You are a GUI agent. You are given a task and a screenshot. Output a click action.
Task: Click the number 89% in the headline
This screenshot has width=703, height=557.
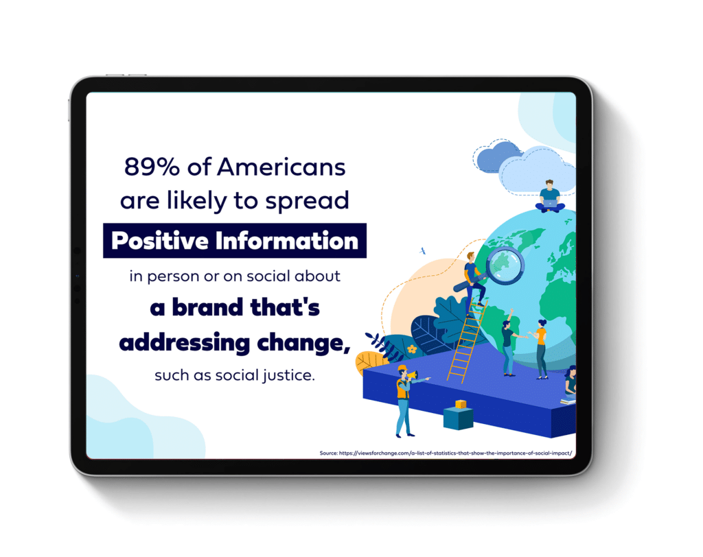pyautogui.click(x=152, y=167)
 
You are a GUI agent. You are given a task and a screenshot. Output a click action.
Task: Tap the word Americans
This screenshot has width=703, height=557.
pyautogui.click(x=281, y=167)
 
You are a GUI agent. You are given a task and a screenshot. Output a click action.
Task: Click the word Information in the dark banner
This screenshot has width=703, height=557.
pyautogui.click(x=286, y=241)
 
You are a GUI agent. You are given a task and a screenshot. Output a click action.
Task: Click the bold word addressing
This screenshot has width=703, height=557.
pyautogui.click(x=184, y=343)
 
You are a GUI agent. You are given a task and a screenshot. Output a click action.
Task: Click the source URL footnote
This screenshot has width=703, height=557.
pyautogui.click(x=446, y=453)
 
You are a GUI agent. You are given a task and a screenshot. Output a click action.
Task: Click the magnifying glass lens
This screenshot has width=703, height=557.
pyautogui.click(x=505, y=265)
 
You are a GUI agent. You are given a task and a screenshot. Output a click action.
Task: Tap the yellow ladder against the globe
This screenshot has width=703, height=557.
pyautogui.click(x=467, y=340)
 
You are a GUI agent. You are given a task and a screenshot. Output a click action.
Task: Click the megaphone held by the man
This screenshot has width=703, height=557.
pyautogui.click(x=412, y=374)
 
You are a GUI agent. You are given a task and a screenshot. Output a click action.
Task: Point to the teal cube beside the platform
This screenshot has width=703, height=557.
pyautogui.click(x=458, y=418)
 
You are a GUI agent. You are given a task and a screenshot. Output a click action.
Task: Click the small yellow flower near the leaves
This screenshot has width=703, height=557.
pyautogui.click(x=412, y=348)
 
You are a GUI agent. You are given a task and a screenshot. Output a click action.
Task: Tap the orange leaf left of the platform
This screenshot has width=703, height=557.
pyautogui.click(x=370, y=362)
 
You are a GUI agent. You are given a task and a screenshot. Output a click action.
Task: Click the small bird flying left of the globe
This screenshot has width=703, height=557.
pyautogui.click(x=422, y=251)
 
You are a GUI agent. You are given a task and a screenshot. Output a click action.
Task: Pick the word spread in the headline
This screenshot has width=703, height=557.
pyautogui.click(x=307, y=201)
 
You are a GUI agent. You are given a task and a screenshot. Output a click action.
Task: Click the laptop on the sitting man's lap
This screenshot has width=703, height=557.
pyautogui.click(x=550, y=204)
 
